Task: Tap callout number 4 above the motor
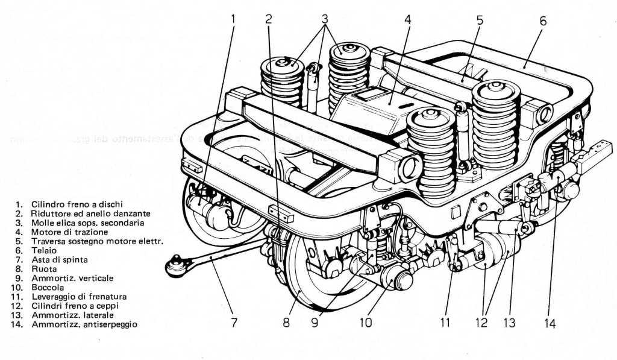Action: pos(408,19)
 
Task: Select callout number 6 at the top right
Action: pos(543,21)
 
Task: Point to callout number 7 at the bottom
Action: pos(234,323)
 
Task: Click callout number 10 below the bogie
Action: pos(366,323)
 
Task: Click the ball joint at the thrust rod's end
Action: pos(176,265)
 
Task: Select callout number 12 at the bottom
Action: pos(481,323)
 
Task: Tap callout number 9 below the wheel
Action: pos(315,323)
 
